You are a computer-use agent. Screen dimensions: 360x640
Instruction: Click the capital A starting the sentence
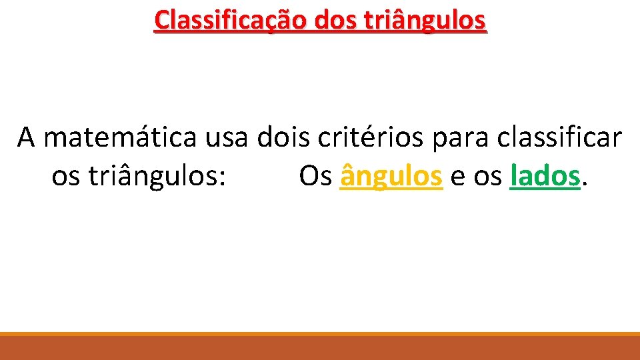(x=27, y=137)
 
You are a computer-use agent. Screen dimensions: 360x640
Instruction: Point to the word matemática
(x=120, y=137)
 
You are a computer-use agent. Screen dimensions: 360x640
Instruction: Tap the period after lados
(x=585, y=185)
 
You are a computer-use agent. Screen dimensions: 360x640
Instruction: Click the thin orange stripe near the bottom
(x=320, y=333)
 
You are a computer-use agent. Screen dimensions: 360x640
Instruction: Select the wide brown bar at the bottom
(x=320, y=348)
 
